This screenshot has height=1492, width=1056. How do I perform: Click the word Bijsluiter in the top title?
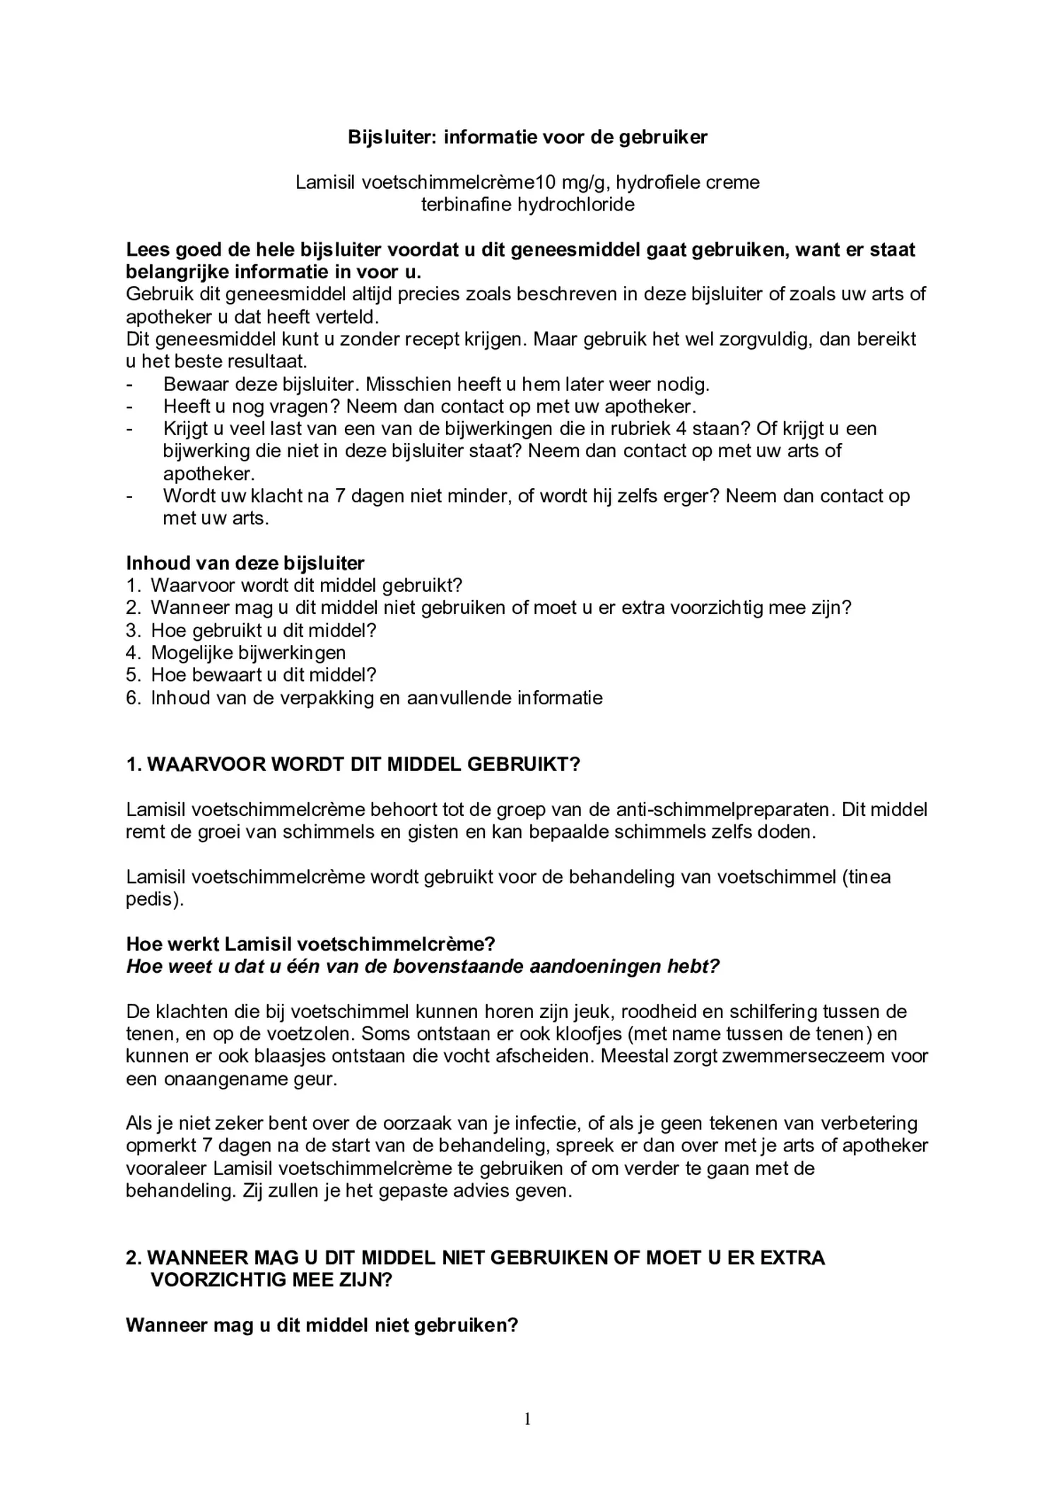392,138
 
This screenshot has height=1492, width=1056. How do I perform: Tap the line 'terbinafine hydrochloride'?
527,205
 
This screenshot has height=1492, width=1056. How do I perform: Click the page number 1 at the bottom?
527,1419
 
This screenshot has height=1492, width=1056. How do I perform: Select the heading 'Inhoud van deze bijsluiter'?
245,563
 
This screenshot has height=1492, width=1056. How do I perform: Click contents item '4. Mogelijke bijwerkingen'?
236,653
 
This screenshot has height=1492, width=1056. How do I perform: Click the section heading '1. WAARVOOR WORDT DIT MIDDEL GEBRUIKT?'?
353,764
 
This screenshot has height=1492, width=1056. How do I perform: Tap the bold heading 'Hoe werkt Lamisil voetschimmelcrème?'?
310,944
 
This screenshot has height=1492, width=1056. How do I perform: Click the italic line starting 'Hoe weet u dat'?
422,966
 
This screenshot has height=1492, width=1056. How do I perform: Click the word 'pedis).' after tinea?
154,900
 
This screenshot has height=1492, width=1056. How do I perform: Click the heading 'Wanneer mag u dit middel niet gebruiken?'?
322,1325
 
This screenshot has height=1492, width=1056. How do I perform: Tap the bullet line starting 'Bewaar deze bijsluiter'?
435,384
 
